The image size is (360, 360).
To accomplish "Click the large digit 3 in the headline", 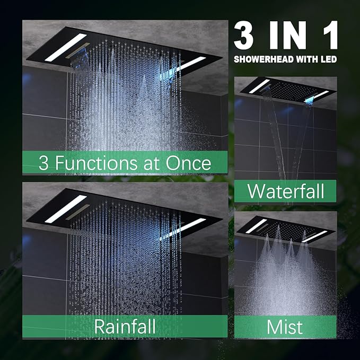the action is (244, 35).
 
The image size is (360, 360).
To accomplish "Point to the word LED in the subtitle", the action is (329, 59).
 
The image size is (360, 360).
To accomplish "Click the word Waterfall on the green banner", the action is (286, 191).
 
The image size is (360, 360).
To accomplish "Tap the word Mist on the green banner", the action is (285, 327).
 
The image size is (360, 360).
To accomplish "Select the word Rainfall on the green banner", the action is (125, 326).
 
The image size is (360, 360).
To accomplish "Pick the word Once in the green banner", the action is (188, 163).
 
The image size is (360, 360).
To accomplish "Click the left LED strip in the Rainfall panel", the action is (66, 209).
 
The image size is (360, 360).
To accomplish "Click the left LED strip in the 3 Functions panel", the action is (66, 48).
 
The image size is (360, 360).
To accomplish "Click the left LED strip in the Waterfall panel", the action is (259, 86).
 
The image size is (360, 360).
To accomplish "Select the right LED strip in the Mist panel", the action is (315, 236).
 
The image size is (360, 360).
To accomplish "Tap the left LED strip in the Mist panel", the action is (256, 226).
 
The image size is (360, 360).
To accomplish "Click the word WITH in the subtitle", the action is (307, 59).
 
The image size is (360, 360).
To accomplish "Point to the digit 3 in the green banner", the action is (43, 163).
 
